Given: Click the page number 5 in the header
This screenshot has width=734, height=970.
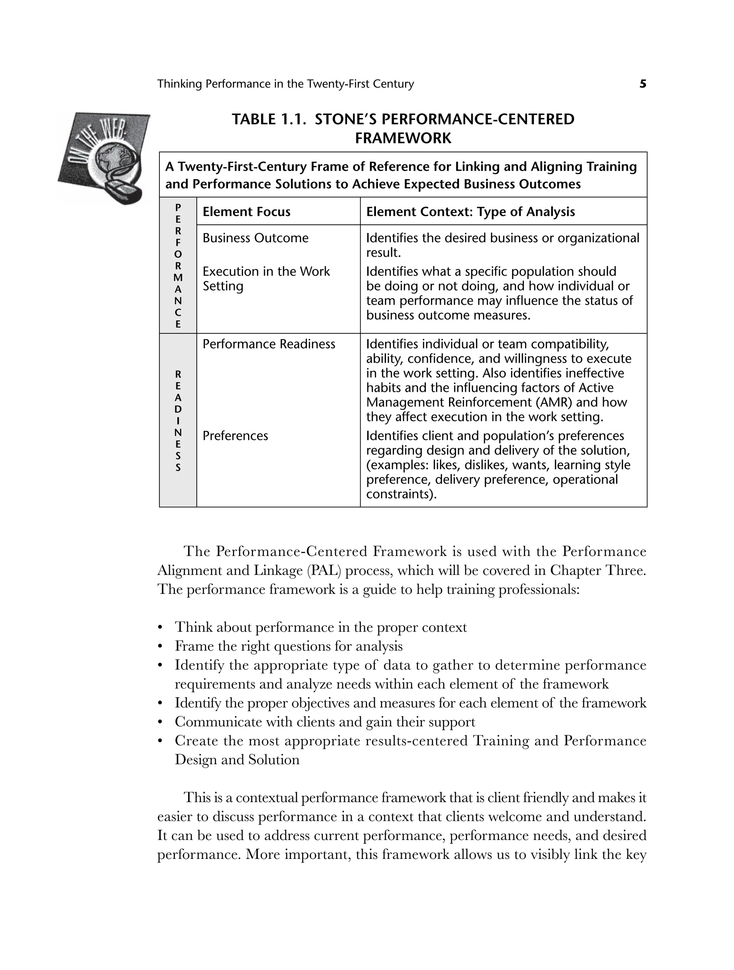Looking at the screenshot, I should click(x=642, y=84).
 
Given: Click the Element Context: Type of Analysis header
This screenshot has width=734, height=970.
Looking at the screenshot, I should click(x=470, y=212).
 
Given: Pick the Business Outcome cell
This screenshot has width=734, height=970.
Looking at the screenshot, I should click(x=255, y=238).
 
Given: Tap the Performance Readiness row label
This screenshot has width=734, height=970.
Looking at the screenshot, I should click(x=268, y=344).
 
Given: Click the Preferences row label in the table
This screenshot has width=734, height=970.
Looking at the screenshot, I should click(x=235, y=436).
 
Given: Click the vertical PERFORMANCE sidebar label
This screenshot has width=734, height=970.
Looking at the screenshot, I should click(x=177, y=266).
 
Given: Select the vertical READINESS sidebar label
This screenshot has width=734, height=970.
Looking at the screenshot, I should click(x=177, y=421).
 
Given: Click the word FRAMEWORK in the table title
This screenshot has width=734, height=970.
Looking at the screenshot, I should click(x=402, y=139).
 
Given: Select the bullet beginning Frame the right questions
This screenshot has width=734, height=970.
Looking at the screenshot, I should click(x=288, y=646).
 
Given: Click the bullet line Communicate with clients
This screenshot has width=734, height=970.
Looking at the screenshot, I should click(x=324, y=722).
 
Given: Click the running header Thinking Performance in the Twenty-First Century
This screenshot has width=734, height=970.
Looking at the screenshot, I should click(x=285, y=84).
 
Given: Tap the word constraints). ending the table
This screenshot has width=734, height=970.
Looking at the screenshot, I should click(x=402, y=494).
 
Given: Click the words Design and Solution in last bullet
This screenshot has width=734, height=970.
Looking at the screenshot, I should click(x=237, y=760).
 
